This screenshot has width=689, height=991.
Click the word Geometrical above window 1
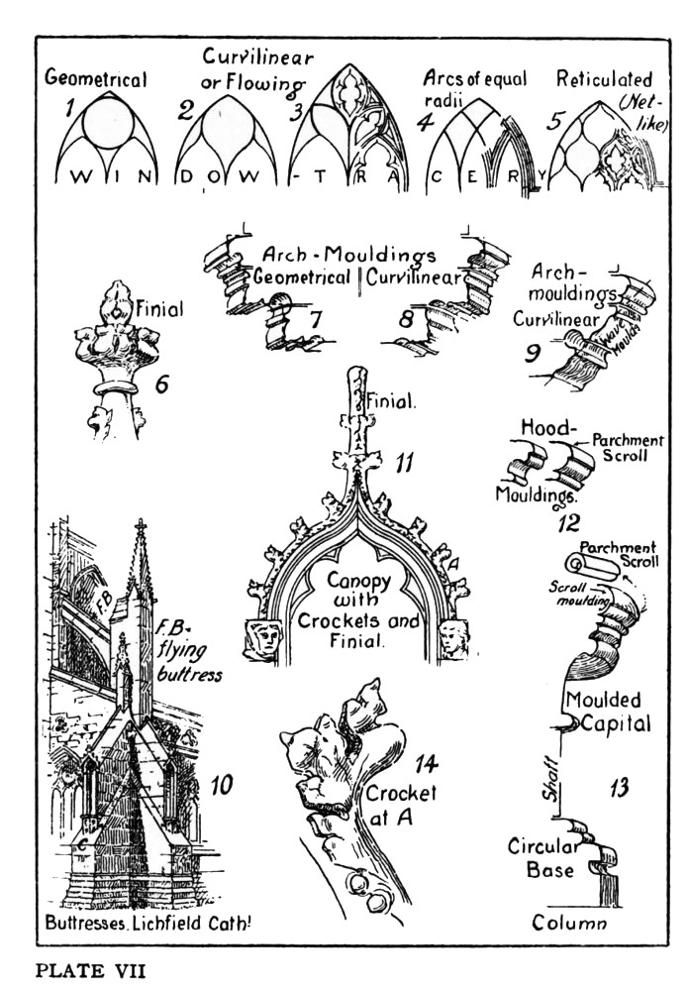pos(96,80)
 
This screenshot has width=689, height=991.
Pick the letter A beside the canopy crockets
pos(454,563)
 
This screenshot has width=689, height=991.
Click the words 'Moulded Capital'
pos(607,712)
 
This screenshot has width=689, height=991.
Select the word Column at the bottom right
pos(568,924)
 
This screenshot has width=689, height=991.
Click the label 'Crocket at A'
pos(401,807)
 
